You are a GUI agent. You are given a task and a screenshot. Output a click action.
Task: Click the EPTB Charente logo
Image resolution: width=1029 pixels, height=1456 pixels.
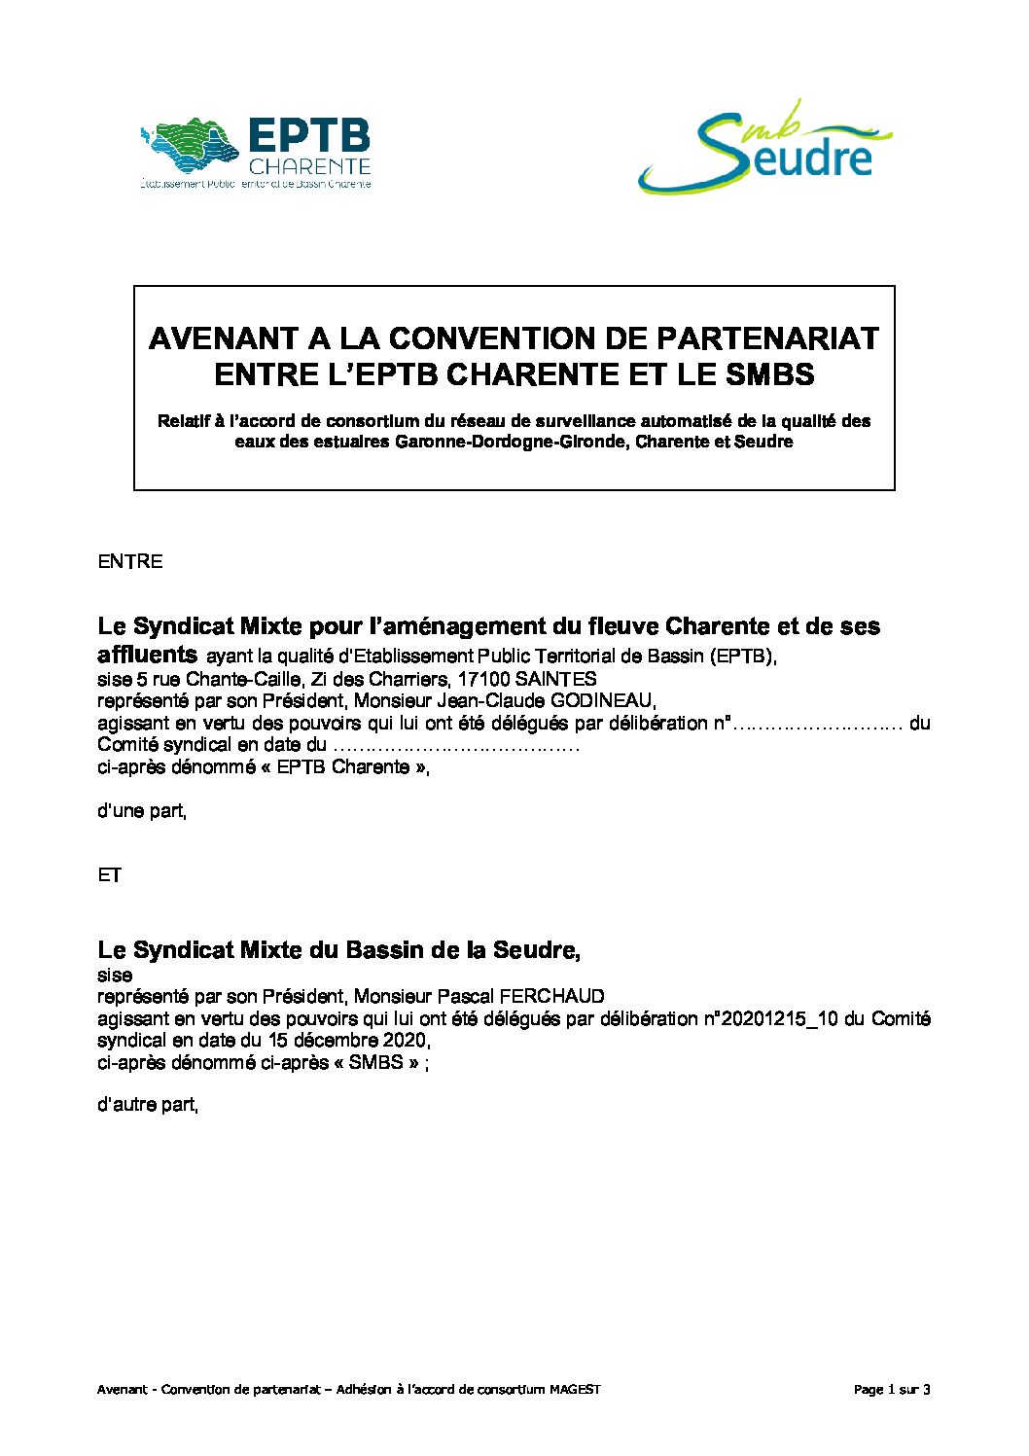257,153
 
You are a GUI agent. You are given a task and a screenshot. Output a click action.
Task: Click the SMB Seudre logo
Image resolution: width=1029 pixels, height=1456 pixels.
764,147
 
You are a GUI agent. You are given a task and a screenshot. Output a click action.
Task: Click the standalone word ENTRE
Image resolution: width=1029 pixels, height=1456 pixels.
130,561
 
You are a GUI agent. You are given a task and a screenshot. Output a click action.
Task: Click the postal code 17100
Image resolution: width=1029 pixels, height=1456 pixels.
483,679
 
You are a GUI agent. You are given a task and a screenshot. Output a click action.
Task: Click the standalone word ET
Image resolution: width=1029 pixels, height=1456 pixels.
110,875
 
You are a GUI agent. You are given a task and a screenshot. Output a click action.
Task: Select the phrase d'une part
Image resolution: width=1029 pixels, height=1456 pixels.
142,810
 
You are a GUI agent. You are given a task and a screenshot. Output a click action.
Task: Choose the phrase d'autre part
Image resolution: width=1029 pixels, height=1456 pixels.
148,1105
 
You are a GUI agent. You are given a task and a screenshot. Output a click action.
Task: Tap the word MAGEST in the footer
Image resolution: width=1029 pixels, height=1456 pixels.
575,1389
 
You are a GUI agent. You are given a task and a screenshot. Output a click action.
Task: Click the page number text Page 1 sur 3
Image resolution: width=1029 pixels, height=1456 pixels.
892,1389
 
